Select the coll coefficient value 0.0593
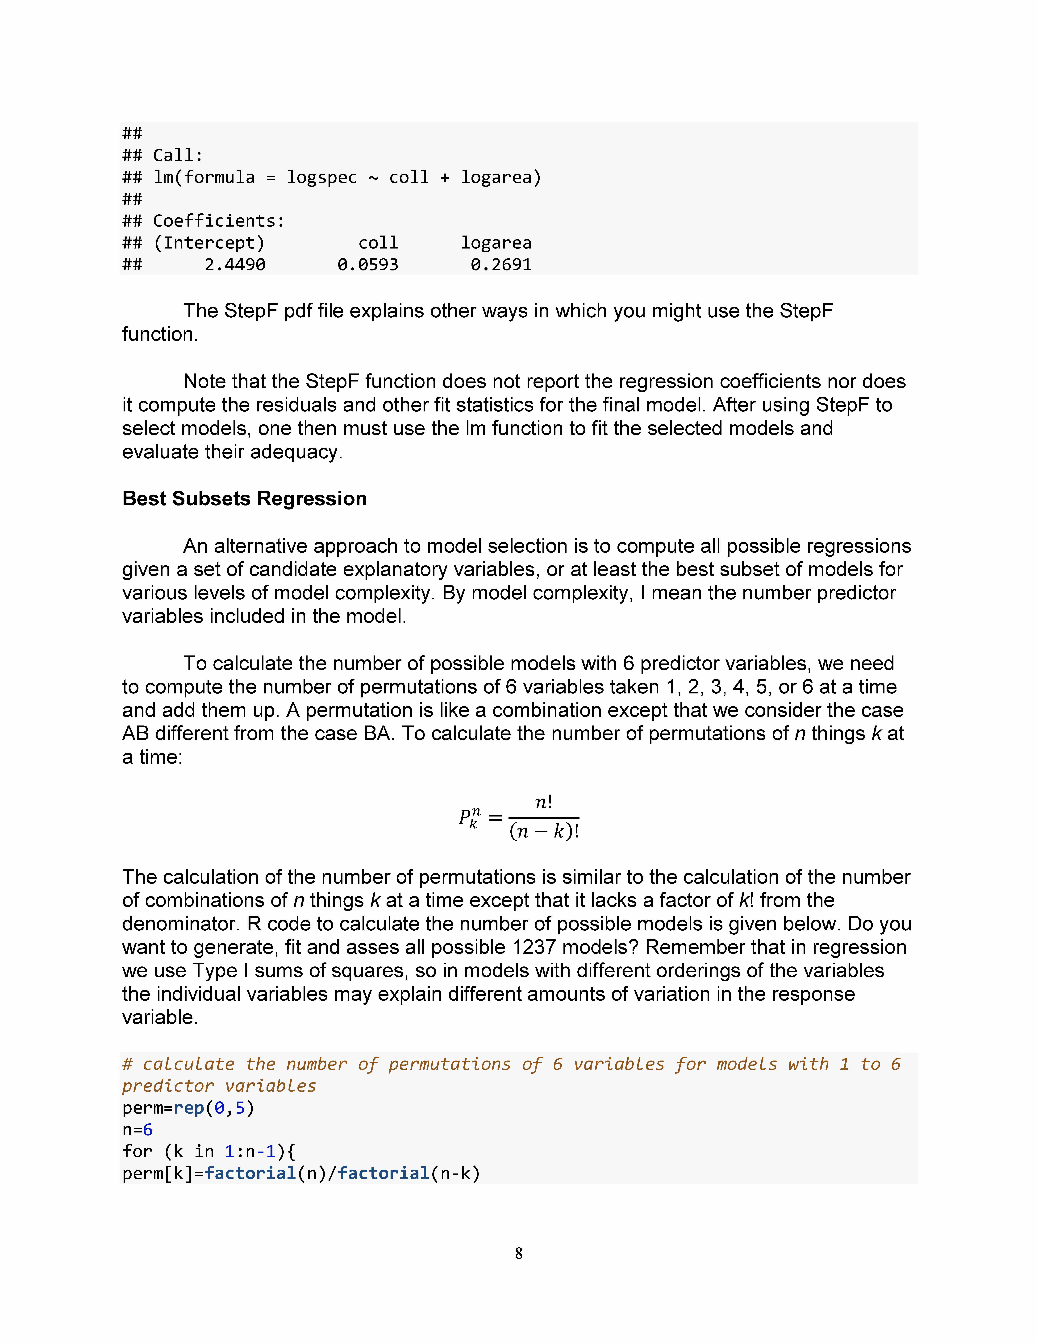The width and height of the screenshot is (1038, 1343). point(368,265)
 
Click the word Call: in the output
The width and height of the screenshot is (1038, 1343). point(178,156)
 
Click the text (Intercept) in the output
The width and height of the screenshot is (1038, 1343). point(209,243)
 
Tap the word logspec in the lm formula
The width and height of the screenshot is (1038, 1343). point(322,178)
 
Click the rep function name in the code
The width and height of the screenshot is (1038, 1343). point(189,1108)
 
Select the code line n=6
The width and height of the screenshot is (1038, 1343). point(137,1130)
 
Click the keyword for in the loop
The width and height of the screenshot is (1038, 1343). point(137,1151)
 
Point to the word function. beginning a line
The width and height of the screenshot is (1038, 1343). point(160,335)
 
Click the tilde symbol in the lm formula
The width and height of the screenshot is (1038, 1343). point(373,178)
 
